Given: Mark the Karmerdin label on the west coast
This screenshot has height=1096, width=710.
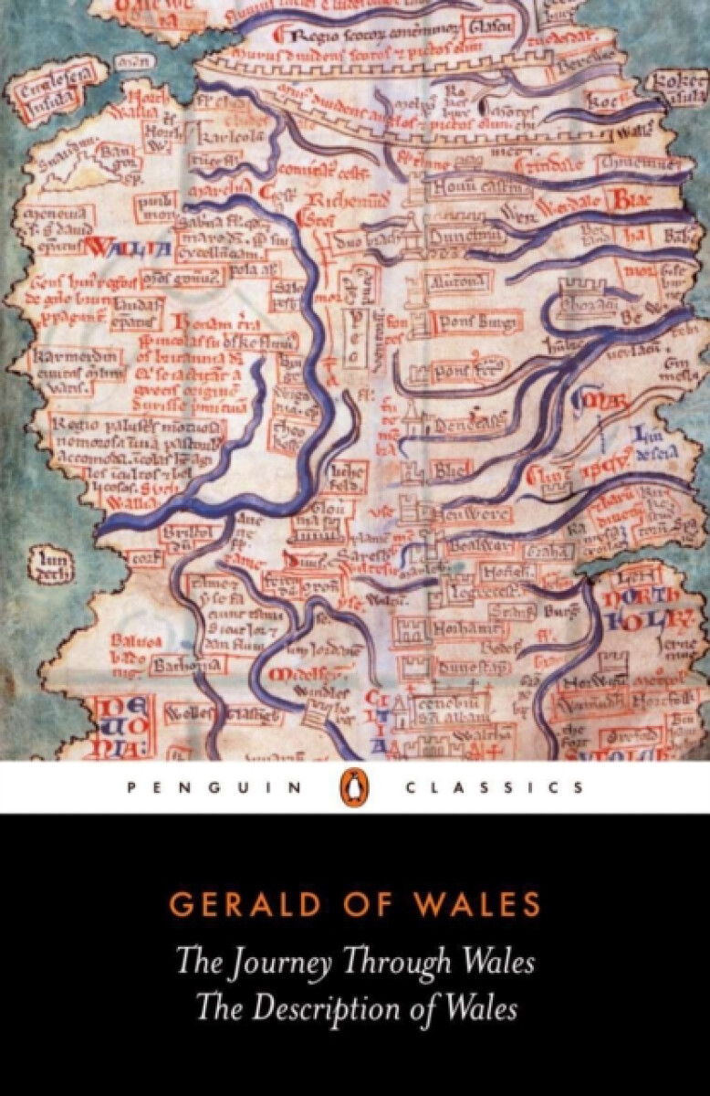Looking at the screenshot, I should click(x=78, y=355).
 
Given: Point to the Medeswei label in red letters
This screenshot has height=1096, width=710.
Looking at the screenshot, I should click(x=302, y=674).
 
